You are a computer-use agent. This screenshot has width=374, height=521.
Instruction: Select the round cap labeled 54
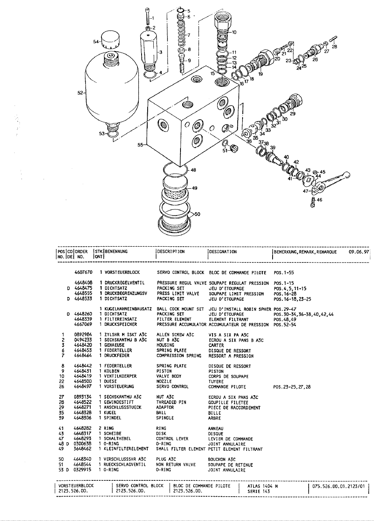(x=108, y=40)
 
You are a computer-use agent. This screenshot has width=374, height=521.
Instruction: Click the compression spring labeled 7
(x=181, y=35)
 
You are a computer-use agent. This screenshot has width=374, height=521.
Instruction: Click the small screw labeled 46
(x=313, y=202)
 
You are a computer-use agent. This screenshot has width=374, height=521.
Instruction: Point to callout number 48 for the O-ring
(x=193, y=170)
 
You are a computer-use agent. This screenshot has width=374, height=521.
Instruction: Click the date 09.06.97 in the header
(x=359, y=252)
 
